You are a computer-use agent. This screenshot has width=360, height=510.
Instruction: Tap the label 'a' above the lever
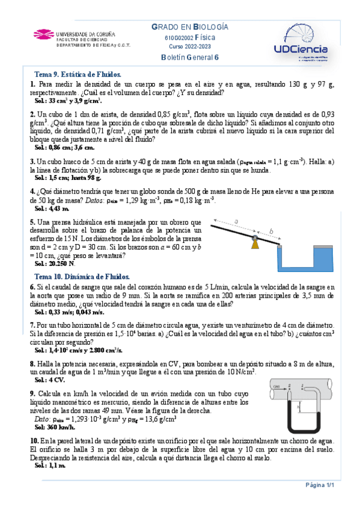coord(236,222)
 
